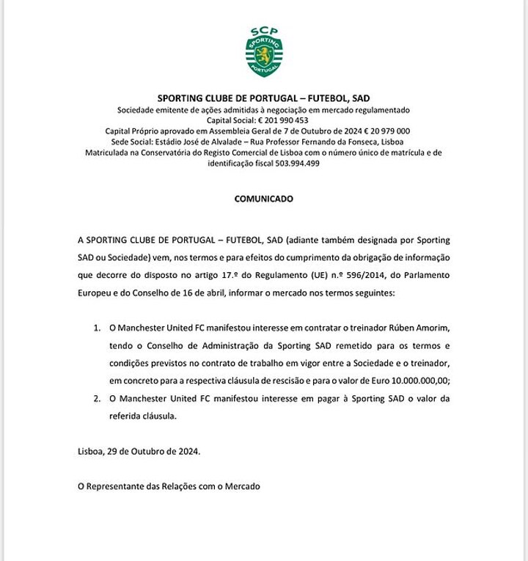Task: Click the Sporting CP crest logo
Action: point(264,51)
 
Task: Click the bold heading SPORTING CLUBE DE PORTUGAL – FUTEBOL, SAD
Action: point(264,98)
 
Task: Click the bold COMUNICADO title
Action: point(264,199)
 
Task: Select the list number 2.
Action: point(97,398)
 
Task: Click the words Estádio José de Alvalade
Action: point(191,142)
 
